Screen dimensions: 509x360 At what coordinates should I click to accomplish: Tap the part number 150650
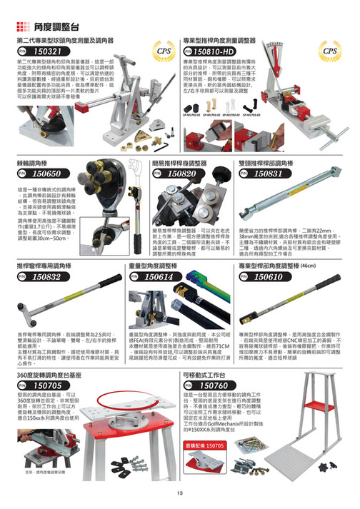pos(41,173)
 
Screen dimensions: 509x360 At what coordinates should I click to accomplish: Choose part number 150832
pos(41,276)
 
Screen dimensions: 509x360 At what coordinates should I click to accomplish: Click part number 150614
pos(161,276)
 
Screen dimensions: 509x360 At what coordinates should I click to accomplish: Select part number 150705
pos(41,385)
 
